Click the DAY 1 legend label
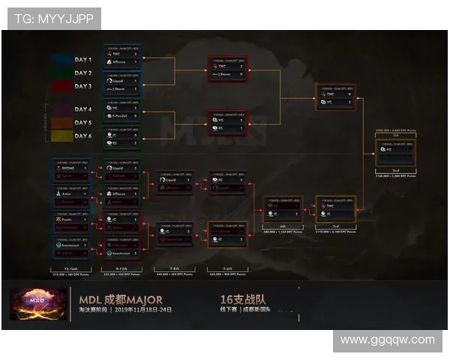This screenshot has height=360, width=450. point(83,60)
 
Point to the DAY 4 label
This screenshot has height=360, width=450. point(83,109)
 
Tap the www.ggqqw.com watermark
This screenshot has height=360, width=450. point(387,340)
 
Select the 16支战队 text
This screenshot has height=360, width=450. point(238,299)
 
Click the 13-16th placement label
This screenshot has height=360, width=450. point(70,268)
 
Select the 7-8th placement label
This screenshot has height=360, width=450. point(174,268)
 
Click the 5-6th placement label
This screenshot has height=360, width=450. point(227,268)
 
